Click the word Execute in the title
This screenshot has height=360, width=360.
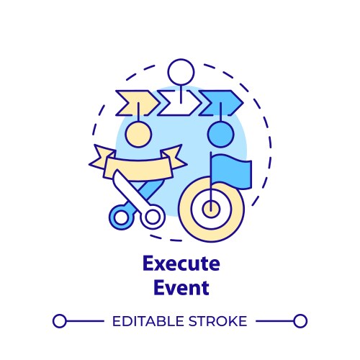180,264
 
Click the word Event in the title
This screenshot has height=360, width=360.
180,288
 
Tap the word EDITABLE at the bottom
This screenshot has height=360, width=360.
148,321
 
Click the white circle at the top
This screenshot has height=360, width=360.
180,73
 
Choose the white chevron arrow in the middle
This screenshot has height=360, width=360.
179,103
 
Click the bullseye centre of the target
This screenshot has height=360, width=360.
210,209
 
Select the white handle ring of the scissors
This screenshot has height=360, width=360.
153,216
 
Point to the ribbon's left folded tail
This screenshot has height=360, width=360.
99,156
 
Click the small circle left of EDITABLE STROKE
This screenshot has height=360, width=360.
60,321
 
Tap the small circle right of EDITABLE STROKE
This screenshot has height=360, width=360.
300,321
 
